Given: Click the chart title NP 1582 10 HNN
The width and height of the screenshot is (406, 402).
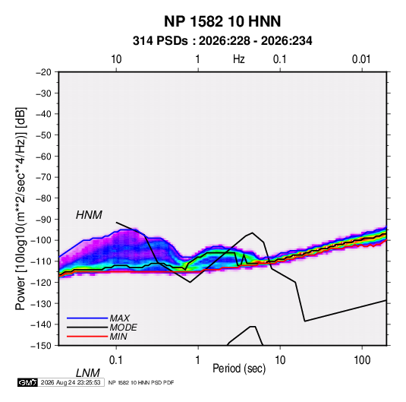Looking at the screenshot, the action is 222,21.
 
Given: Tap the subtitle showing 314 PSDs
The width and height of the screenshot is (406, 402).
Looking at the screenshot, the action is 222,41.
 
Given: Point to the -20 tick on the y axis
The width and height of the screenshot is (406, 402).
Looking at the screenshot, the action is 43,72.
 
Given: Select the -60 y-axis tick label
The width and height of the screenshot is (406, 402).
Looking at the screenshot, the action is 43,156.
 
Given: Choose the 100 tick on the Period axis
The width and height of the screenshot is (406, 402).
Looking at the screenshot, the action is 362,360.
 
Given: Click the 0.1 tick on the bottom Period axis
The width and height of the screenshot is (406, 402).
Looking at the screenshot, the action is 116,360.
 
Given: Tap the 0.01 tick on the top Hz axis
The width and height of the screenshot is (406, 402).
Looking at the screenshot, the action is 361,59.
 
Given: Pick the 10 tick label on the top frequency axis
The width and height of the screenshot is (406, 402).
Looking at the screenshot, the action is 116,59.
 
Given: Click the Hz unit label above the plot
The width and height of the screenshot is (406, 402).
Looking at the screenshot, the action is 239,59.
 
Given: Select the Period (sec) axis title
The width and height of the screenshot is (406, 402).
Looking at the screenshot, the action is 239,369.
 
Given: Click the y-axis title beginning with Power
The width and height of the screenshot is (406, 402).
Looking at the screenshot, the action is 20,209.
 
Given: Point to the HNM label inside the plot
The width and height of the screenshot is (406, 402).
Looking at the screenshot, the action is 89,215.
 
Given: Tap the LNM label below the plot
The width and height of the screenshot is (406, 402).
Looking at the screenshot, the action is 88,373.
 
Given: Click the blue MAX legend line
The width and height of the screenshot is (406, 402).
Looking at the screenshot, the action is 87,318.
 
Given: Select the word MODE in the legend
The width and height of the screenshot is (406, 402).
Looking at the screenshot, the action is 123,328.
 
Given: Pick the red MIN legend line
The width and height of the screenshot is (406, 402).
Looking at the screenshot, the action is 87,337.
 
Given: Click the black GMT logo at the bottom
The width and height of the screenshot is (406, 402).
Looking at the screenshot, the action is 28,382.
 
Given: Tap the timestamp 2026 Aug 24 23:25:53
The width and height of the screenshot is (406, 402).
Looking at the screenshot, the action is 71,382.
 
